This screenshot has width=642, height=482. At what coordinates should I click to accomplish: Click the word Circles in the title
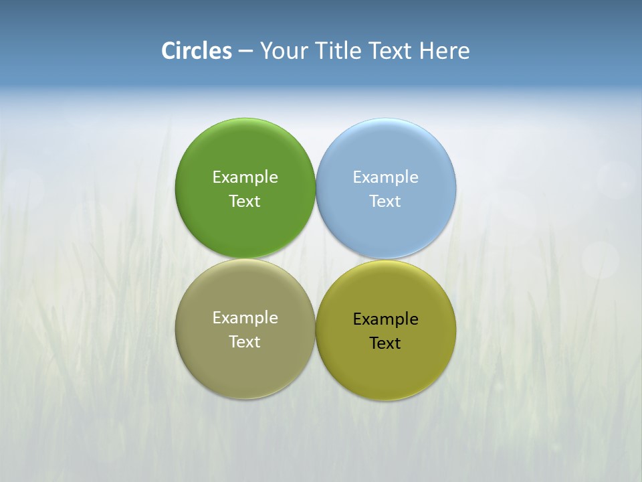click(x=197, y=50)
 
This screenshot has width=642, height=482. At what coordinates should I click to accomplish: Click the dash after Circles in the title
click(x=245, y=52)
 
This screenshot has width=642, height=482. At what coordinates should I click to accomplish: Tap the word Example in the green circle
click(x=245, y=177)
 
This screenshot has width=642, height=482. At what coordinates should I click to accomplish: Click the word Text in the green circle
click(x=245, y=202)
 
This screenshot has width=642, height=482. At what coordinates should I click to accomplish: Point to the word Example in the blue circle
click(x=385, y=177)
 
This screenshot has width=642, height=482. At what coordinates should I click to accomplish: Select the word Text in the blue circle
click(x=385, y=202)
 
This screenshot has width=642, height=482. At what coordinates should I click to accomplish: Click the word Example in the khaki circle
click(x=245, y=318)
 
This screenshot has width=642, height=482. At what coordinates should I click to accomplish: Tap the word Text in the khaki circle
click(x=245, y=342)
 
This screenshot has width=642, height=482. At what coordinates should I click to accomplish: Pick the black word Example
click(x=385, y=319)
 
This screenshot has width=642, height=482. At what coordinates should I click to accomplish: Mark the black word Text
click(x=385, y=343)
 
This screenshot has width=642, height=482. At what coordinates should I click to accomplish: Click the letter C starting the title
click(x=168, y=50)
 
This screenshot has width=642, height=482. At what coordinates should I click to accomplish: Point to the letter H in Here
click(x=427, y=50)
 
